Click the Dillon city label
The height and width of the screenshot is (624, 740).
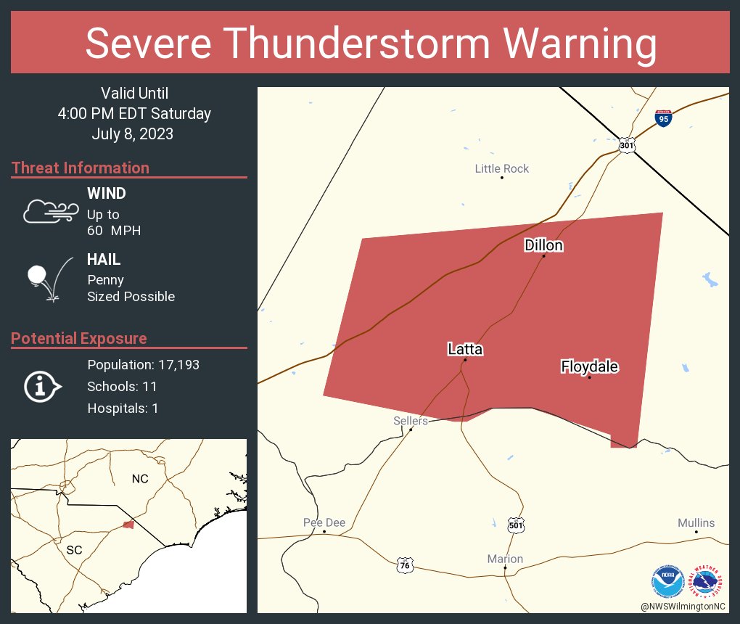coord(543,246)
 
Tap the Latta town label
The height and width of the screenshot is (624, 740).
coord(465,349)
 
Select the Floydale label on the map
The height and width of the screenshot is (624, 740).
coord(589,367)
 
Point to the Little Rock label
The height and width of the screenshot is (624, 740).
coord(502,168)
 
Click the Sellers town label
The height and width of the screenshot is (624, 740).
coord(411,421)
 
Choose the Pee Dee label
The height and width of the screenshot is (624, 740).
coord(324,522)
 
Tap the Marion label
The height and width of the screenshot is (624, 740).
coord(505,559)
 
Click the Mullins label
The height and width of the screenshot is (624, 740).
coord(696,522)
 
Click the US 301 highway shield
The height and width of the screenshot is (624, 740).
coord(627,146)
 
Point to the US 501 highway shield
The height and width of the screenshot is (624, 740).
coord(515,525)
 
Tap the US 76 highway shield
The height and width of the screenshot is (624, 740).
coord(406,564)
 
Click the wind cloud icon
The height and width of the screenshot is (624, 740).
coord(49,210)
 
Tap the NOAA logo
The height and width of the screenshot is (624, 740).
coord(667,580)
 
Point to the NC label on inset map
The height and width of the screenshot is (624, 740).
coord(139,479)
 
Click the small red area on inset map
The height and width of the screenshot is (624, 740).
coord(128,524)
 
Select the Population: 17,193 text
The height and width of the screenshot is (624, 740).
coord(143,364)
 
